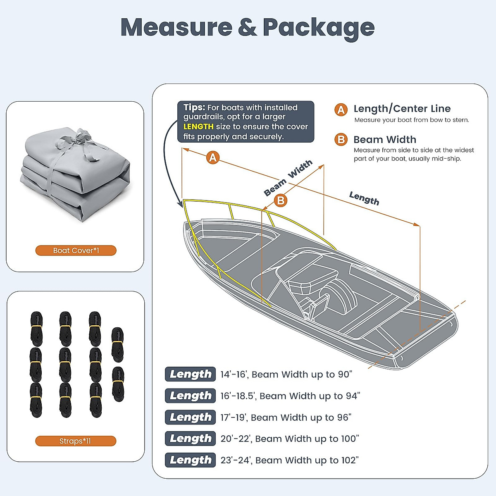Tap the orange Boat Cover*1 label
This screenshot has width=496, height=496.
(76, 250)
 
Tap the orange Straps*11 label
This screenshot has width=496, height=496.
(76, 441)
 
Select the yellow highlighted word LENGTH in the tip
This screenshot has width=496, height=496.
(198, 127)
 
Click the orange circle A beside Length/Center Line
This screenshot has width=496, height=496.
(341, 110)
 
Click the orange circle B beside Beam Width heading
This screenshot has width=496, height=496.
(341, 140)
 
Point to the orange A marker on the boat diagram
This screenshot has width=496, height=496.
(213, 157)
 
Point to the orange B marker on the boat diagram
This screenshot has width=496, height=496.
(281, 200)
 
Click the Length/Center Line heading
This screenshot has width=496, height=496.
(402, 109)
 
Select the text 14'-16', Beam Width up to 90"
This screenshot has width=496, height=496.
(286, 374)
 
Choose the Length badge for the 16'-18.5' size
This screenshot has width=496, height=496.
(190, 396)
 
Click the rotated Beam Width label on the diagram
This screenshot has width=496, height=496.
(288, 178)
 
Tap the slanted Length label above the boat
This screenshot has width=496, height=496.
(364, 198)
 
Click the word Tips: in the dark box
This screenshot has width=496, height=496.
(194, 107)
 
